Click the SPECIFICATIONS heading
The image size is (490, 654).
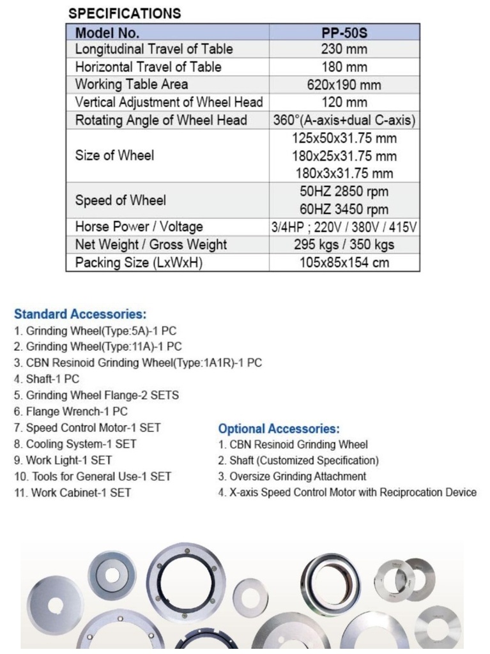click(x=125, y=13)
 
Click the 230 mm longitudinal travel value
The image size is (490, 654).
click(x=344, y=49)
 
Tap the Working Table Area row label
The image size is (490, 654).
click(x=132, y=84)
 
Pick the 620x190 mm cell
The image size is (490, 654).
click(x=344, y=84)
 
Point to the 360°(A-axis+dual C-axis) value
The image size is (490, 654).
click(x=344, y=120)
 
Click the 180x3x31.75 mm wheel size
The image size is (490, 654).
click(x=344, y=173)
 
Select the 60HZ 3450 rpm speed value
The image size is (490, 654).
click(x=344, y=209)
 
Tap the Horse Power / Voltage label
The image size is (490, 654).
click(x=139, y=227)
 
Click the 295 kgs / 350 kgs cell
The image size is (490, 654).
click(x=344, y=245)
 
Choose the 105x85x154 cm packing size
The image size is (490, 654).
click(x=344, y=262)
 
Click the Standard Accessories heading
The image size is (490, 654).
click(x=80, y=314)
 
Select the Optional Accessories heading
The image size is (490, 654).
click(x=279, y=429)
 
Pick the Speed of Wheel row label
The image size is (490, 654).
click(x=121, y=200)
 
